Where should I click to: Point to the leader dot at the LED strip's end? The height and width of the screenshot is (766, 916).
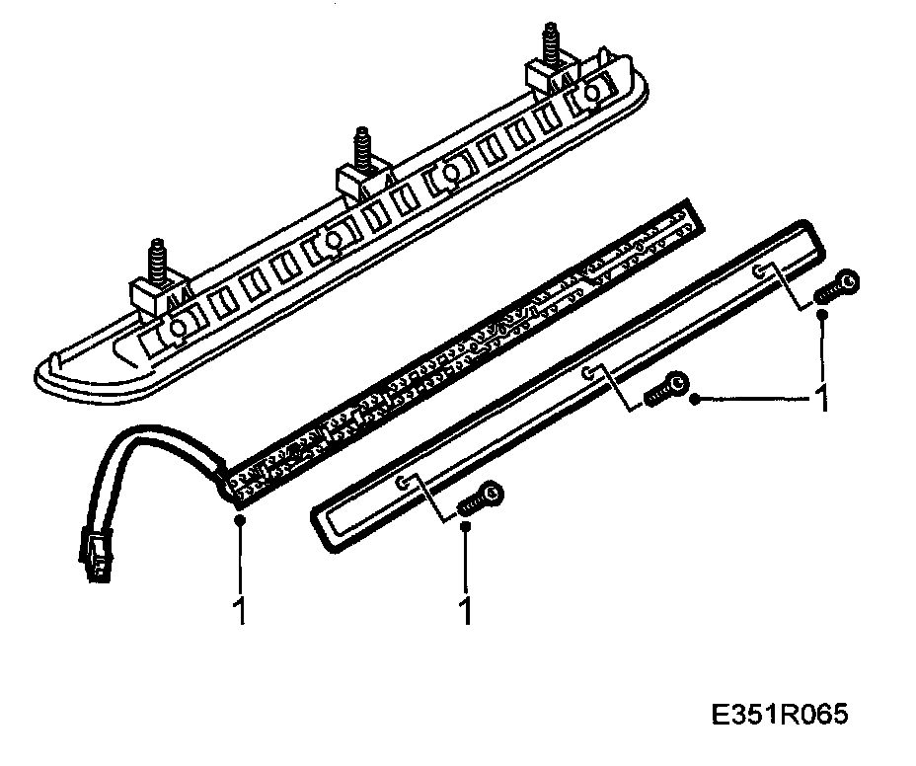(x=239, y=518)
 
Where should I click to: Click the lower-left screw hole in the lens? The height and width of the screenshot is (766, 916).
(x=403, y=483)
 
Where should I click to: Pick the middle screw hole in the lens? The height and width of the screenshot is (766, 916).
(x=588, y=373)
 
